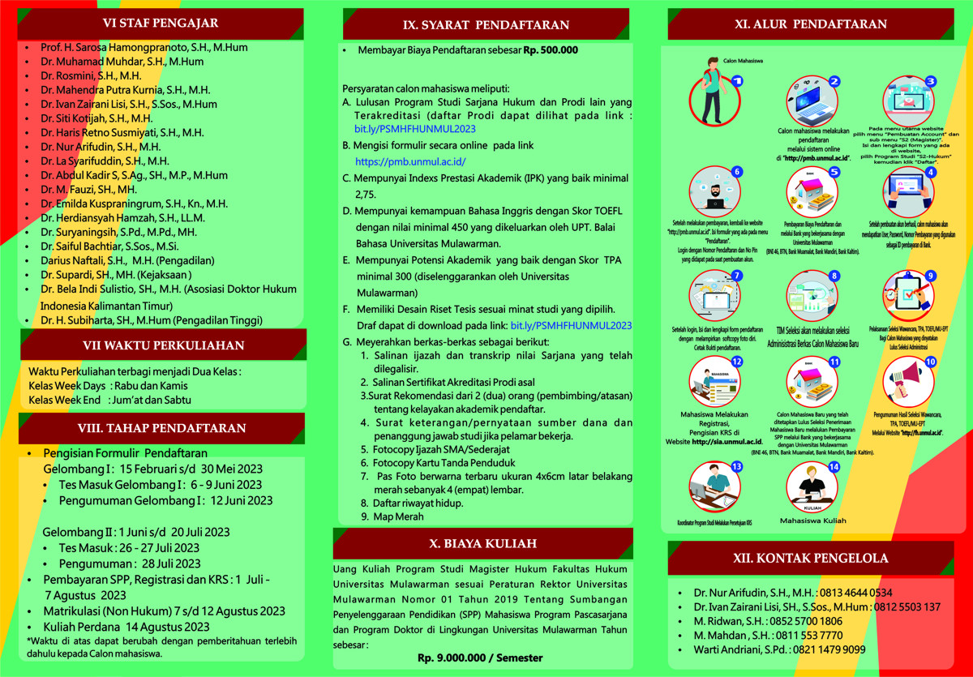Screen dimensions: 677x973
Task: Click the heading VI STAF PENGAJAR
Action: (x=161, y=23)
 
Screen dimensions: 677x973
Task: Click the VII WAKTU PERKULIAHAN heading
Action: (x=163, y=345)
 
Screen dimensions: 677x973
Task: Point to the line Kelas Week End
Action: (x=65, y=400)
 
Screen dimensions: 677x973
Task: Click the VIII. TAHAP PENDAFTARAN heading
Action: (x=162, y=428)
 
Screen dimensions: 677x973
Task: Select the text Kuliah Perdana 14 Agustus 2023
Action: (x=126, y=627)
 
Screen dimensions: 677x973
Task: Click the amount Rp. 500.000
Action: (x=551, y=49)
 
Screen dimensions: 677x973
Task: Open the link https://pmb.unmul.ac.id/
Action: (x=410, y=162)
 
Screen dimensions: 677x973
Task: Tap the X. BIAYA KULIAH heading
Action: (x=482, y=543)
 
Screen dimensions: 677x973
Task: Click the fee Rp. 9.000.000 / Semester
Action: (x=480, y=658)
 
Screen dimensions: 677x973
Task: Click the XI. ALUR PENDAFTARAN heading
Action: (x=811, y=24)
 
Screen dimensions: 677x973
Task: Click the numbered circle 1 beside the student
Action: (x=736, y=81)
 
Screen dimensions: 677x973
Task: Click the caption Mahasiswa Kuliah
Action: (x=812, y=521)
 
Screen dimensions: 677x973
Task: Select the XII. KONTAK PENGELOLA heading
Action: (x=812, y=558)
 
